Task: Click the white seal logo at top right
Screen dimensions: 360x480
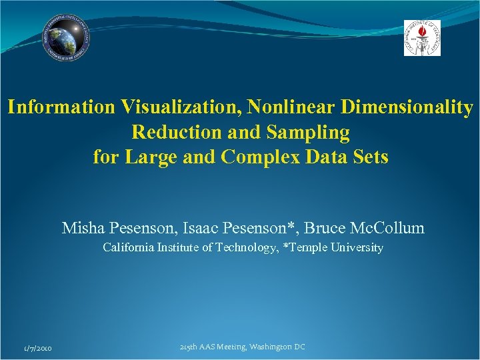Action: click(x=422, y=37)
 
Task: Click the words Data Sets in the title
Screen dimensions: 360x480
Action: click(x=347, y=158)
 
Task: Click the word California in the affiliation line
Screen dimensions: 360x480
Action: click(x=127, y=248)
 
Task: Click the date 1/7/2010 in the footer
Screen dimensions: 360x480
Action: click(x=37, y=349)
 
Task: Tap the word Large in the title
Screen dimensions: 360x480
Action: click(x=146, y=158)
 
